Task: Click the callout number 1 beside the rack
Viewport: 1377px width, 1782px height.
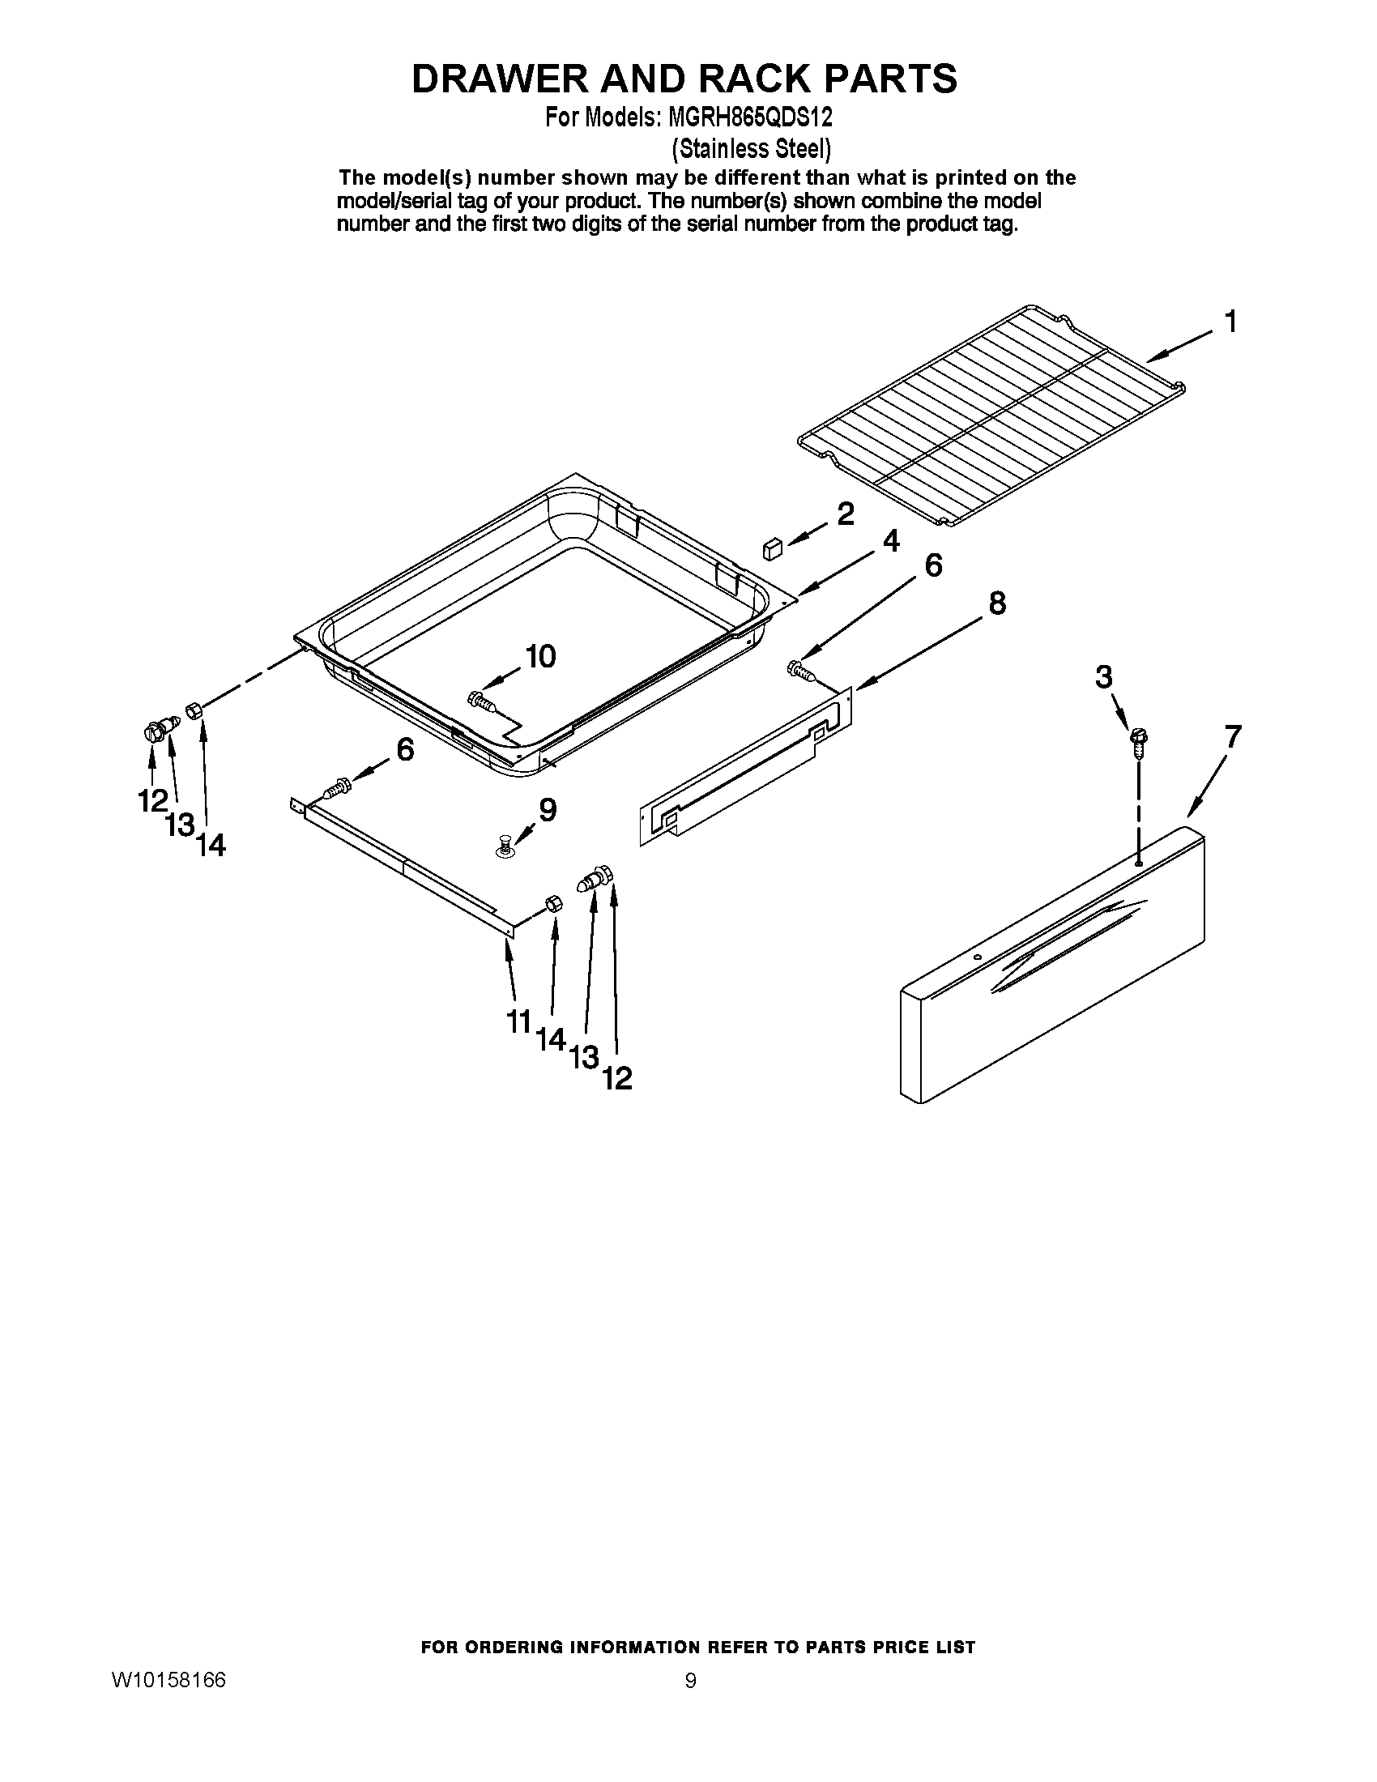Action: pyautogui.click(x=1230, y=322)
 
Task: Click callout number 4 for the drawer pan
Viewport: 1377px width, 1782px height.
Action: pyautogui.click(x=892, y=541)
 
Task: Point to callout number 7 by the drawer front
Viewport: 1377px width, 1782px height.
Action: pyautogui.click(x=1232, y=738)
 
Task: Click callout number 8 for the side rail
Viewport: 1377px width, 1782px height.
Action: pyautogui.click(x=996, y=603)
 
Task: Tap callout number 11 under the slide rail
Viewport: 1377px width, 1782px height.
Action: pyautogui.click(x=519, y=1021)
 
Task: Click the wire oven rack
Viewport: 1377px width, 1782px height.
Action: pyautogui.click(x=991, y=412)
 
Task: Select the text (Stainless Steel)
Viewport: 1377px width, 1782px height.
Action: pyautogui.click(x=751, y=148)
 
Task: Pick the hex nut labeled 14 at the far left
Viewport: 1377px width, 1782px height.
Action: pyautogui.click(x=194, y=710)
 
